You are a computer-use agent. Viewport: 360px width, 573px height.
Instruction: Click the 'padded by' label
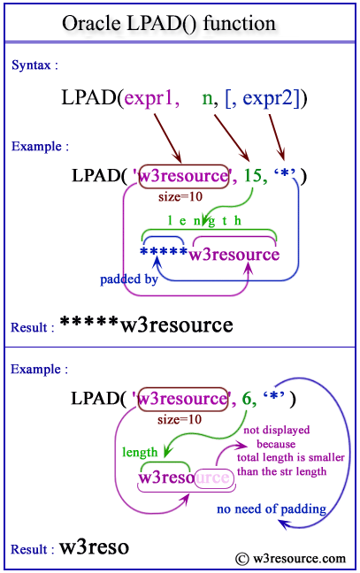coord(129,281)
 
